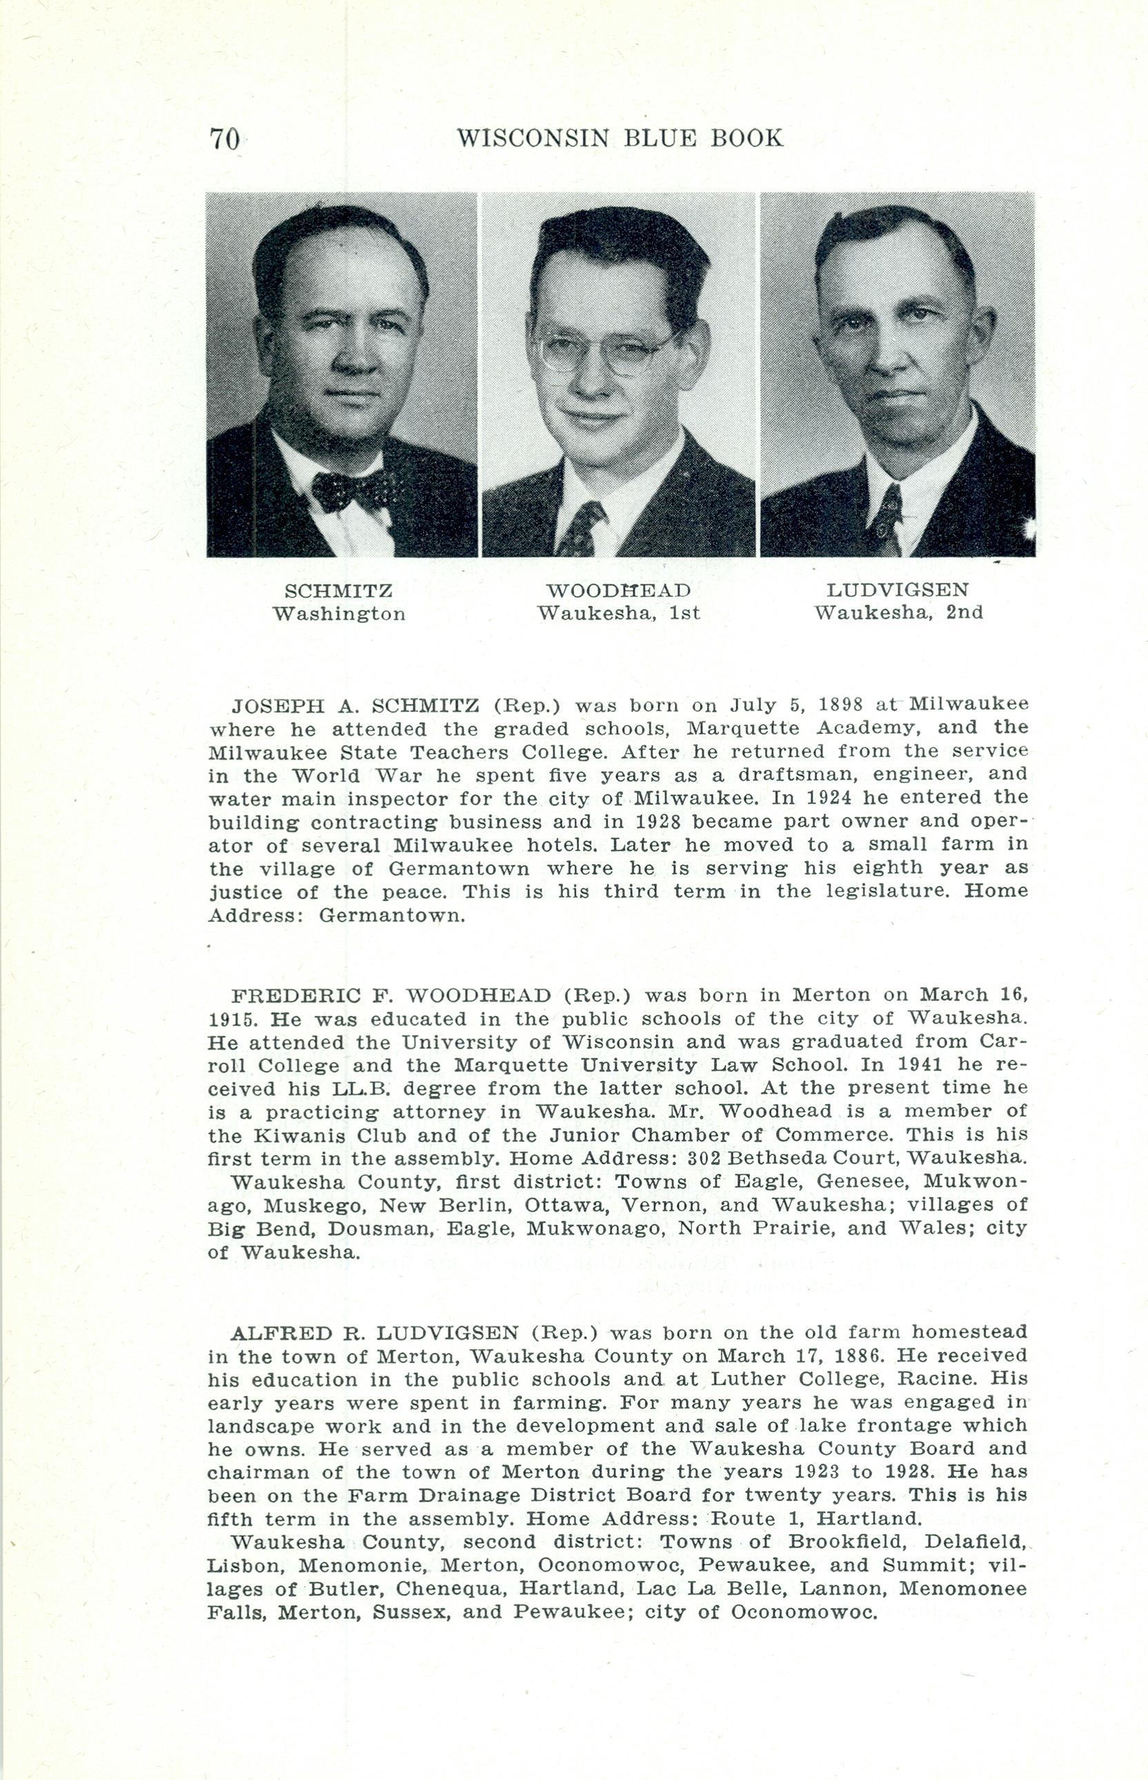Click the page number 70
(x=224, y=139)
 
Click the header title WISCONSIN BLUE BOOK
(x=620, y=138)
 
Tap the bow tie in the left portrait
(x=349, y=492)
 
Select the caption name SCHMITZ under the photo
(x=339, y=591)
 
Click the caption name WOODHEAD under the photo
(x=619, y=591)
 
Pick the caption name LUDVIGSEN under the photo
(x=898, y=591)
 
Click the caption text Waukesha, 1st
(x=619, y=613)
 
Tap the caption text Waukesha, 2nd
(x=898, y=613)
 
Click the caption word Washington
(x=339, y=614)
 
